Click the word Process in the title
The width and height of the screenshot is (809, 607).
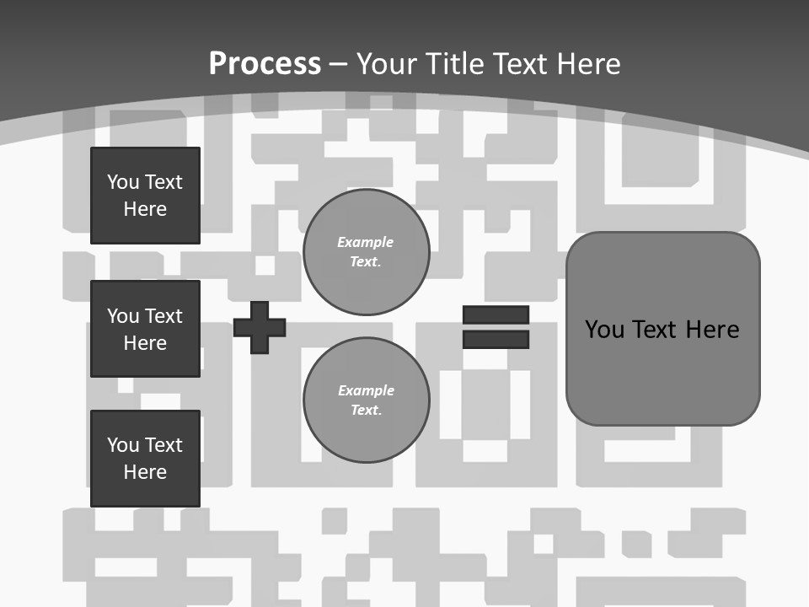click(x=265, y=64)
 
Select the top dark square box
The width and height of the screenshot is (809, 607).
click(x=145, y=196)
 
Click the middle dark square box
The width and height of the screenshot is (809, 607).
click(x=145, y=329)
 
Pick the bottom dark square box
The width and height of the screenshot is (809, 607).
click(x=145, y=459)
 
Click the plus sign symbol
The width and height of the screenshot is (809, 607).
click(x=260, y=327)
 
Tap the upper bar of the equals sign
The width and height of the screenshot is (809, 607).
click(x=496, y=314)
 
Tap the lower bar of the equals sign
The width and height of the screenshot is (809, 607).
click(x=496, y=340)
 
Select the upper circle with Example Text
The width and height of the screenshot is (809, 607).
click(x=366, y=252)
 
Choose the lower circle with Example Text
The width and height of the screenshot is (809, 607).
click(x=366, y=400)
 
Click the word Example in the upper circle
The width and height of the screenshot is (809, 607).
click(x=366, y=243)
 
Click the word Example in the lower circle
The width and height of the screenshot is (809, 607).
click(x=366, y=391)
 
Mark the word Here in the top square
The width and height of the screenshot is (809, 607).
click(x=145, y=209)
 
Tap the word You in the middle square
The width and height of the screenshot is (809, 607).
click(x=123, y=316)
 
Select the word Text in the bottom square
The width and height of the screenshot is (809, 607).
click(x=163, y=445)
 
